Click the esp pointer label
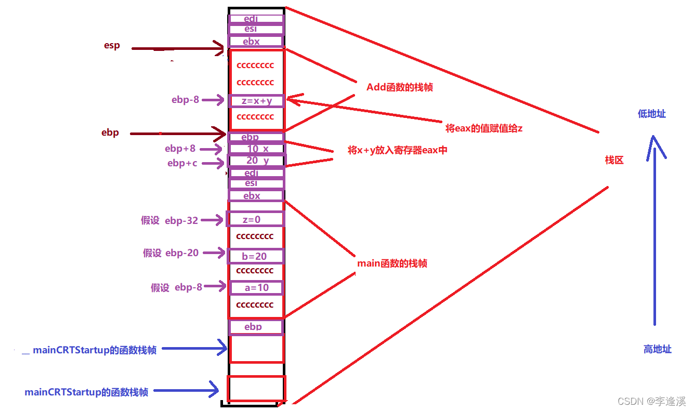coord(112,45)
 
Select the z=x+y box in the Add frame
coord(257,101)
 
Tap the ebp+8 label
coord(180,149)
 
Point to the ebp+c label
coord(182,163)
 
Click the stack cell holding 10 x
coord(257,149)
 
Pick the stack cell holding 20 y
coord(257,161)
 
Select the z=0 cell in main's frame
coord(255,219)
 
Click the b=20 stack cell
coord(255,256)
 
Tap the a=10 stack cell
coord(256,287)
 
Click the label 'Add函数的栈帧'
coord(399,87)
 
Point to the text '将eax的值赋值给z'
coord(483,128)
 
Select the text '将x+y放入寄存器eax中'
coord(397,150)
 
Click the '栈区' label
coord(614,160)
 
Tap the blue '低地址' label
coord(651,114)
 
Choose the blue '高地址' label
coord(657,349)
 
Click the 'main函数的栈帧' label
coord(392,263)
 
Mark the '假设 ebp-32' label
coord(169,220)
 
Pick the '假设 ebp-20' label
coord(171,253)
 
